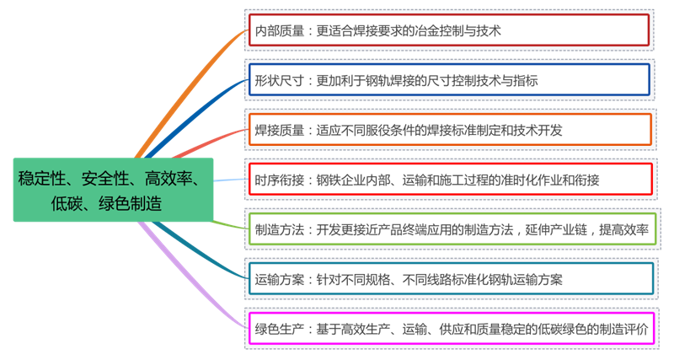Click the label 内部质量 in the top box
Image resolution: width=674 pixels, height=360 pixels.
pyautogui.click(x=281, y=31)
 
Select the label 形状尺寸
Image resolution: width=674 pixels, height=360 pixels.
pyautogui.click(x=281, y=80)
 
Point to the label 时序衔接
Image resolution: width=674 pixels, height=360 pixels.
pyautogui.click(x=281, y=179)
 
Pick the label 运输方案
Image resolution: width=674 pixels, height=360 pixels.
pyautogui.click(x=281, y=277)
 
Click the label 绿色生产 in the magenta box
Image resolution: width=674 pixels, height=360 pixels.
pyautogui.click(x=281, y=327)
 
